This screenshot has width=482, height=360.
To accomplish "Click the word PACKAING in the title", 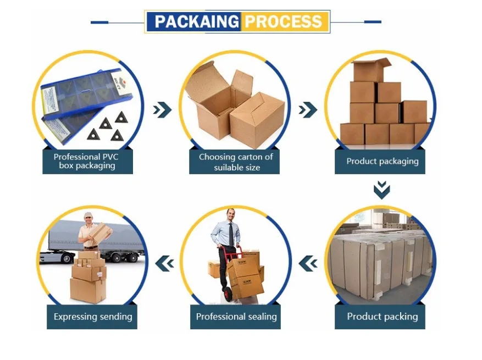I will [196, 22].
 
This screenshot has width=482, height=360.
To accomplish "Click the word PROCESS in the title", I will [283, 22].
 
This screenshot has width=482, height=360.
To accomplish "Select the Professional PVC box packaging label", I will [87, 161].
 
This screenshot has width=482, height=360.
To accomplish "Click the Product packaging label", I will [382, 161].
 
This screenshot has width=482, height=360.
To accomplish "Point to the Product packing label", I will [382, 317].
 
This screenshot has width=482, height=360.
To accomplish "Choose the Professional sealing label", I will [236, 317].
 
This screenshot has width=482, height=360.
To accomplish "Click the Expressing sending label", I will [92, 317].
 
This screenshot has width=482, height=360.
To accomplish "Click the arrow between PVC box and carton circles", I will [162, 110].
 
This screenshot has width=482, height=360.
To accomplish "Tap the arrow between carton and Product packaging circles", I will [308, 110].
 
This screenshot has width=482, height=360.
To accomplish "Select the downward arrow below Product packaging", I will [381, 190].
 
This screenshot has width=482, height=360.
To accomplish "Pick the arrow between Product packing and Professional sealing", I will [308, 264].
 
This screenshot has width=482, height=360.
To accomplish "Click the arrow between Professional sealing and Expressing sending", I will [164, 264].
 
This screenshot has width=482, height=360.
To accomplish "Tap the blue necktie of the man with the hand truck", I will [231, 233].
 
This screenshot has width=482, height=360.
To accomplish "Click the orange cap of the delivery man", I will [89, 214].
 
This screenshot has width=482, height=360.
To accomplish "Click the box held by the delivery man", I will [101, 233].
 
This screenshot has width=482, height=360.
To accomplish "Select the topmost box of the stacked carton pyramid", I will [370, 70].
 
